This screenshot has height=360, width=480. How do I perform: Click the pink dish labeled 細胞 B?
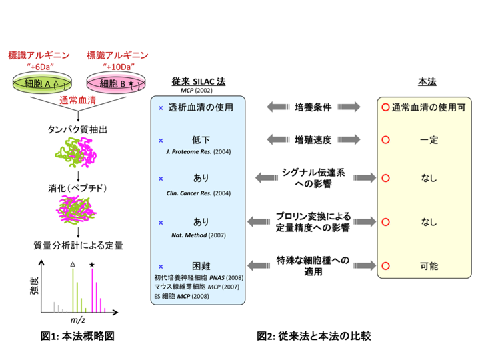(x=117, y=83)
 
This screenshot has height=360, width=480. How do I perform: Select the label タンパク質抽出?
(x=78, y=127)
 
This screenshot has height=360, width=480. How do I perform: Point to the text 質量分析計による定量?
(x=78, y=244)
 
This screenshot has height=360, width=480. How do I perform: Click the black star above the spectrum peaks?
(x=91, y=265)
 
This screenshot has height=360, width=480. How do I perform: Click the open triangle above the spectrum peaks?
(x=72, y=265)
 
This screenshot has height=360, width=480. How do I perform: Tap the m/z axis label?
(x=79, y=321)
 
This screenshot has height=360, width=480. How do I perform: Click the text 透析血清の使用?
(x=201, y=107)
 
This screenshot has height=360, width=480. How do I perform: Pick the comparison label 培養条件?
(x=313, y=107)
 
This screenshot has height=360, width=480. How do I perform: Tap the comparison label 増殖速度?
(x=313, y=139)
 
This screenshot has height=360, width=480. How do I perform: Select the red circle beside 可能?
(x=385, y=265)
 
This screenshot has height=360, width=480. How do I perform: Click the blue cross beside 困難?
(x=160, y=265)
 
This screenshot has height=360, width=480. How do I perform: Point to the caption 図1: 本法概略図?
(x=77, y=336)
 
